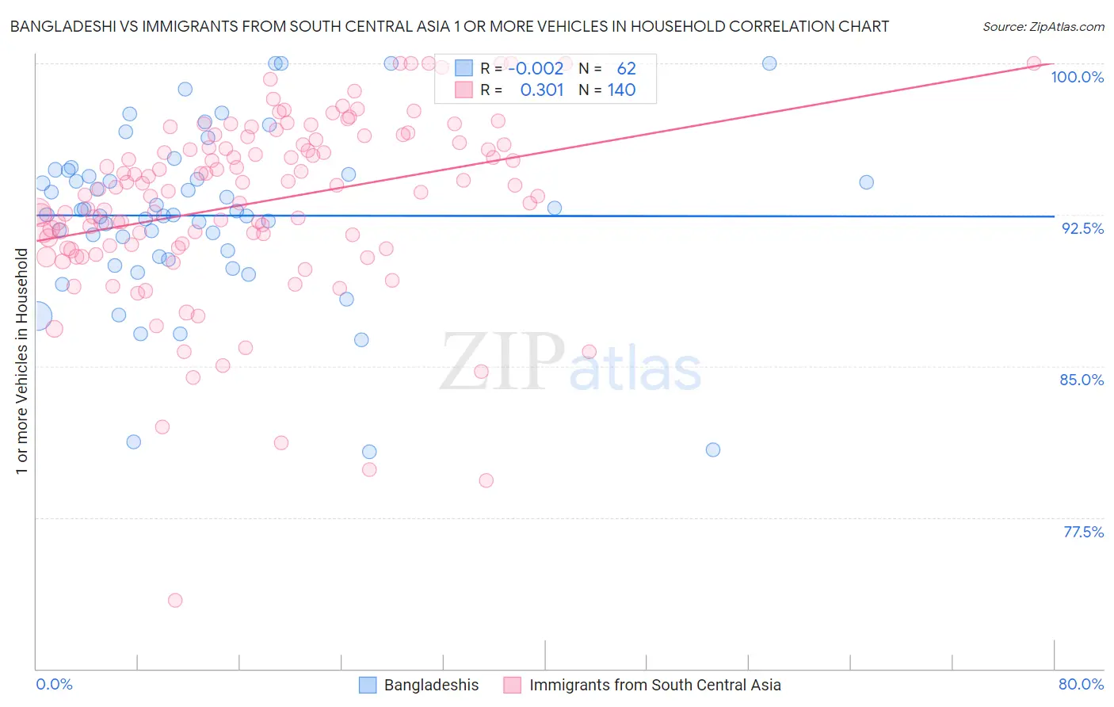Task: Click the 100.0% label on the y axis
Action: [x=1077, y=77]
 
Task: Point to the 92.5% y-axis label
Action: [x=1082, y=228]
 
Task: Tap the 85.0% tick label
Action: [x=1082, y=380]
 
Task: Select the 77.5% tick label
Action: [x=1083, y=532]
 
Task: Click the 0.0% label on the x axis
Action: [x=54, y=684]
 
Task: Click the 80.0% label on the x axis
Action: [x=1081, y=684]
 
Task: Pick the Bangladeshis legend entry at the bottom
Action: [x=431, y=685]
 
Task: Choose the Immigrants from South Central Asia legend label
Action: [x=654, y=685]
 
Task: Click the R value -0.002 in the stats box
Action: [x=536, y=69]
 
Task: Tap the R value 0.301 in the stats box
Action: [x=542, y=90]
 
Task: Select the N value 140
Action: [x=622, y=90]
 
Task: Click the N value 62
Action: [x=626, y=69]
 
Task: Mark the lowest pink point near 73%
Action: [x=175, y=600]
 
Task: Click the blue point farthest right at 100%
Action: [x=769, y=63]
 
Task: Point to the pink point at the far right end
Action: [x=1034, y=63]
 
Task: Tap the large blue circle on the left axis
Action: [x=37, y=316]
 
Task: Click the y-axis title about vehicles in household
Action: [x=21, y=361]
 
